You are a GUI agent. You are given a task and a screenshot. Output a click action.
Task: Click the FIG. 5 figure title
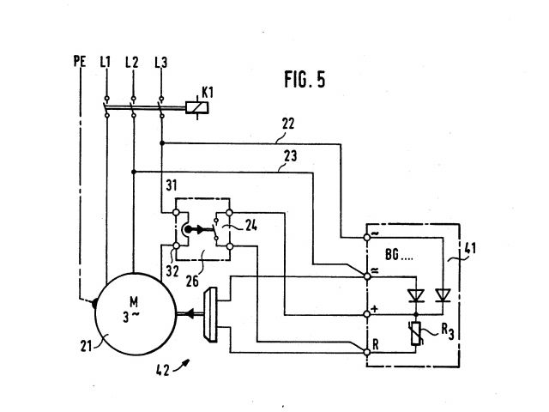click(x=304, y=80)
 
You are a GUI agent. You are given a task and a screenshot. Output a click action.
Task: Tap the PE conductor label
click(x=78, y=62)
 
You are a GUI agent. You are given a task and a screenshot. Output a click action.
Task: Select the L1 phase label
click(x=106, y=62)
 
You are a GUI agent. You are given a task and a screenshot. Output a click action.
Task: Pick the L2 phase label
click(x=132, y=62)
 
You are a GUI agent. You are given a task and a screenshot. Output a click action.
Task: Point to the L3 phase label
click(x=160, y=62)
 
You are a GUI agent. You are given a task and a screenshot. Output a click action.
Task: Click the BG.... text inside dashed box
click(x=394, y=254)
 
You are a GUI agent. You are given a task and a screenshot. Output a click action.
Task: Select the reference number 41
click(x=471, y=250)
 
